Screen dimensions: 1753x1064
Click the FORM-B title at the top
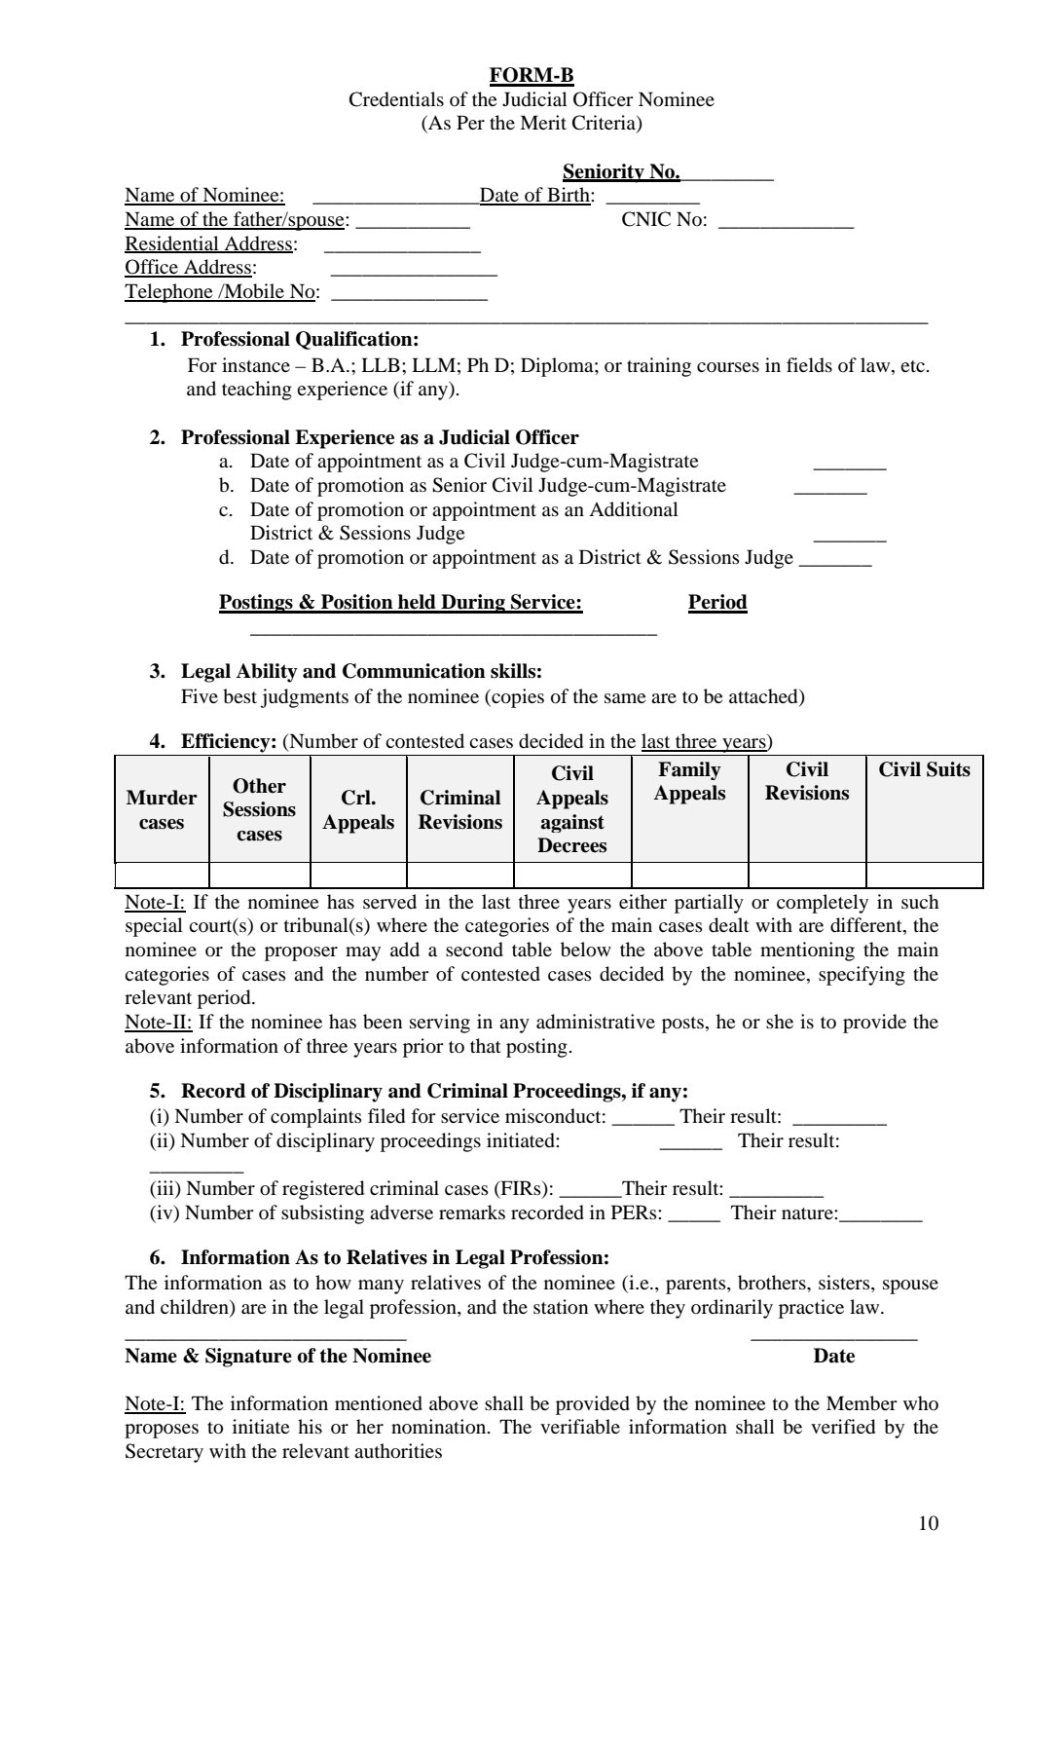[531, 75]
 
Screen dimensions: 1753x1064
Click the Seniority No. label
[621, 172]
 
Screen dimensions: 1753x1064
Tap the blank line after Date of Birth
[652, 198]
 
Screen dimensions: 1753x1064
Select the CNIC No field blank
[785, 222]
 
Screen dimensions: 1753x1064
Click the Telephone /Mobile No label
[221, 292]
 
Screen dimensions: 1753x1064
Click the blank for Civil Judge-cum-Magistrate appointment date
[849, 465]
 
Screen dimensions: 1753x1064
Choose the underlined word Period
[717, 603]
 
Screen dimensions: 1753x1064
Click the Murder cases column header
[162, 809]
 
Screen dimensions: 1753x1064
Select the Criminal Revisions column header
[460, 809]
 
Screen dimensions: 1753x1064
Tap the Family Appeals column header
[689, 782]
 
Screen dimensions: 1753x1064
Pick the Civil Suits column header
[924, 770]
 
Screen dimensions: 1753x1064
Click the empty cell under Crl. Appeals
[358, 875]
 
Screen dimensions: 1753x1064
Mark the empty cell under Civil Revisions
[807, 875]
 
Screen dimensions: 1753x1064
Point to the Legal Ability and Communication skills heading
[361, 672]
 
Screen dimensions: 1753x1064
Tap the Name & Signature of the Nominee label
[277, 1357]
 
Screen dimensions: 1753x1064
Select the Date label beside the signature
[834, 1357]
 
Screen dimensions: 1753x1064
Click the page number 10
[928, 1524]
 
